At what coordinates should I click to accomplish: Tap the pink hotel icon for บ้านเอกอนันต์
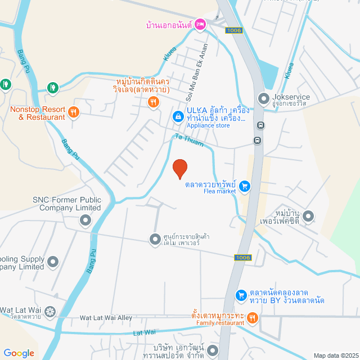pyautogui.click(x=201, y=25)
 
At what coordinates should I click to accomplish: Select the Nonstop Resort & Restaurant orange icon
pyautogui.click(x=73, y=112)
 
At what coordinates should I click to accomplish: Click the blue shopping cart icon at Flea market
pyautogui.click(x=244, y=185)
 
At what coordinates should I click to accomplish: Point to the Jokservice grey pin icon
pyautogui.click(x=263, y=100)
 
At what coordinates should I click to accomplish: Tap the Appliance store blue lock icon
pyautogui.click(x=178, y=116)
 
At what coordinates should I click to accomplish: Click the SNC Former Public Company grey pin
pyautogui.click(x=85, y=219)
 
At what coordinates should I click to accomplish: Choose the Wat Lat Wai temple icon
pyautogui.click(x=50, y=311)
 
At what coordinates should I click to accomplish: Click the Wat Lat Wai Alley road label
pyautogui.click(x=106, y=318)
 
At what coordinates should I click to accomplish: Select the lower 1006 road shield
pyautogui.click(x=242, y=258)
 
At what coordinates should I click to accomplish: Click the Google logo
pyautogui.click(x=19, y=353)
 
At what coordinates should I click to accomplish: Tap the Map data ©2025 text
pyautogui.click(x=335, y=355)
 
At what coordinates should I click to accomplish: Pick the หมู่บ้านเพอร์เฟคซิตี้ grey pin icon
pyautogui.click(x=309, y=216)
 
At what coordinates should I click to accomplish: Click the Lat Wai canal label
pyautogui.click(x=143, y=334)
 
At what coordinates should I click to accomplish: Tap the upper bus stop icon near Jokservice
pyautogui.click(x=260, y=125)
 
